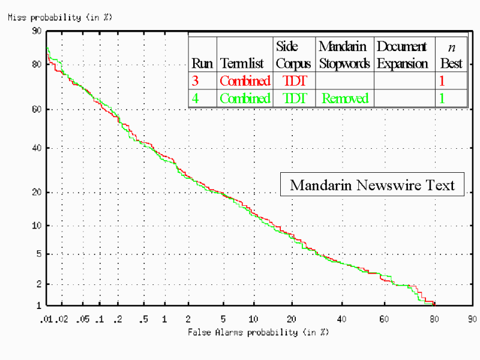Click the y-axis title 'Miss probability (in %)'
click(x=59, y=17)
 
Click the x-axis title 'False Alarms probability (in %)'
click(x=258, y=332)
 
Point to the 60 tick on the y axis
click(x=37, y=109)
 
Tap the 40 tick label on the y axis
click(x=37, y=148)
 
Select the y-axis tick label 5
click(x=39, y=254)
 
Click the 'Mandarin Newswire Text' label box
click(x=372, y=185)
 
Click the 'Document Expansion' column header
click(x=402, y=55)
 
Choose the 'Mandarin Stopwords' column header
click(x=344, y=55)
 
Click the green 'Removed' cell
click(x=345, y=98)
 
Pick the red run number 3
click(x=195, y=80)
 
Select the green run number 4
click(x=195, y=98)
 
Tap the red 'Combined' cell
click(x=245, y=80)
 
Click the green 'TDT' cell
click(x=293, y=98)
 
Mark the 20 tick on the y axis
click(x=37, y=193)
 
